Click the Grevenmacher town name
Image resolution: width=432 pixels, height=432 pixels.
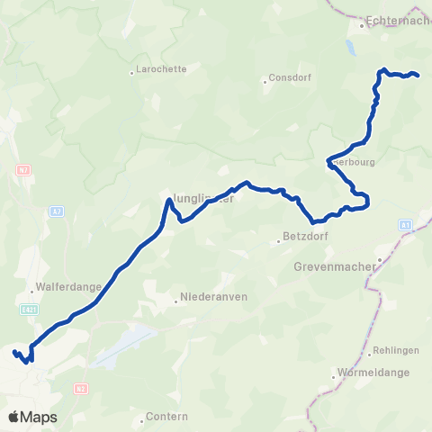pyautogui.click(x=336, y=266)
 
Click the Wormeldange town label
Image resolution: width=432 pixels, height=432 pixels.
pyautogui.click(x=372, y=373)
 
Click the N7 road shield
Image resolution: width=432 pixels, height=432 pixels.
pyautogui.click(x=23, y=168)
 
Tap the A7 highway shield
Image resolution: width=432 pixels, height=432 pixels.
pyautogui.click(x=57, y=211)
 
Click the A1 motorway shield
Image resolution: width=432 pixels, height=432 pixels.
pyautogui.click(x=405, y=224)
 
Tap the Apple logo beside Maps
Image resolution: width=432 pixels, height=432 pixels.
pyautogui.click(x=14, y=417)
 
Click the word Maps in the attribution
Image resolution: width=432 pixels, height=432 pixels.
pyautogui.click(x=40, y=417)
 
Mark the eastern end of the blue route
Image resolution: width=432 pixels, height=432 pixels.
pyautogui.click(x=418, y=75)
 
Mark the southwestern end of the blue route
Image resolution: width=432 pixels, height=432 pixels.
pyautogui.click(x=14, y=352)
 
